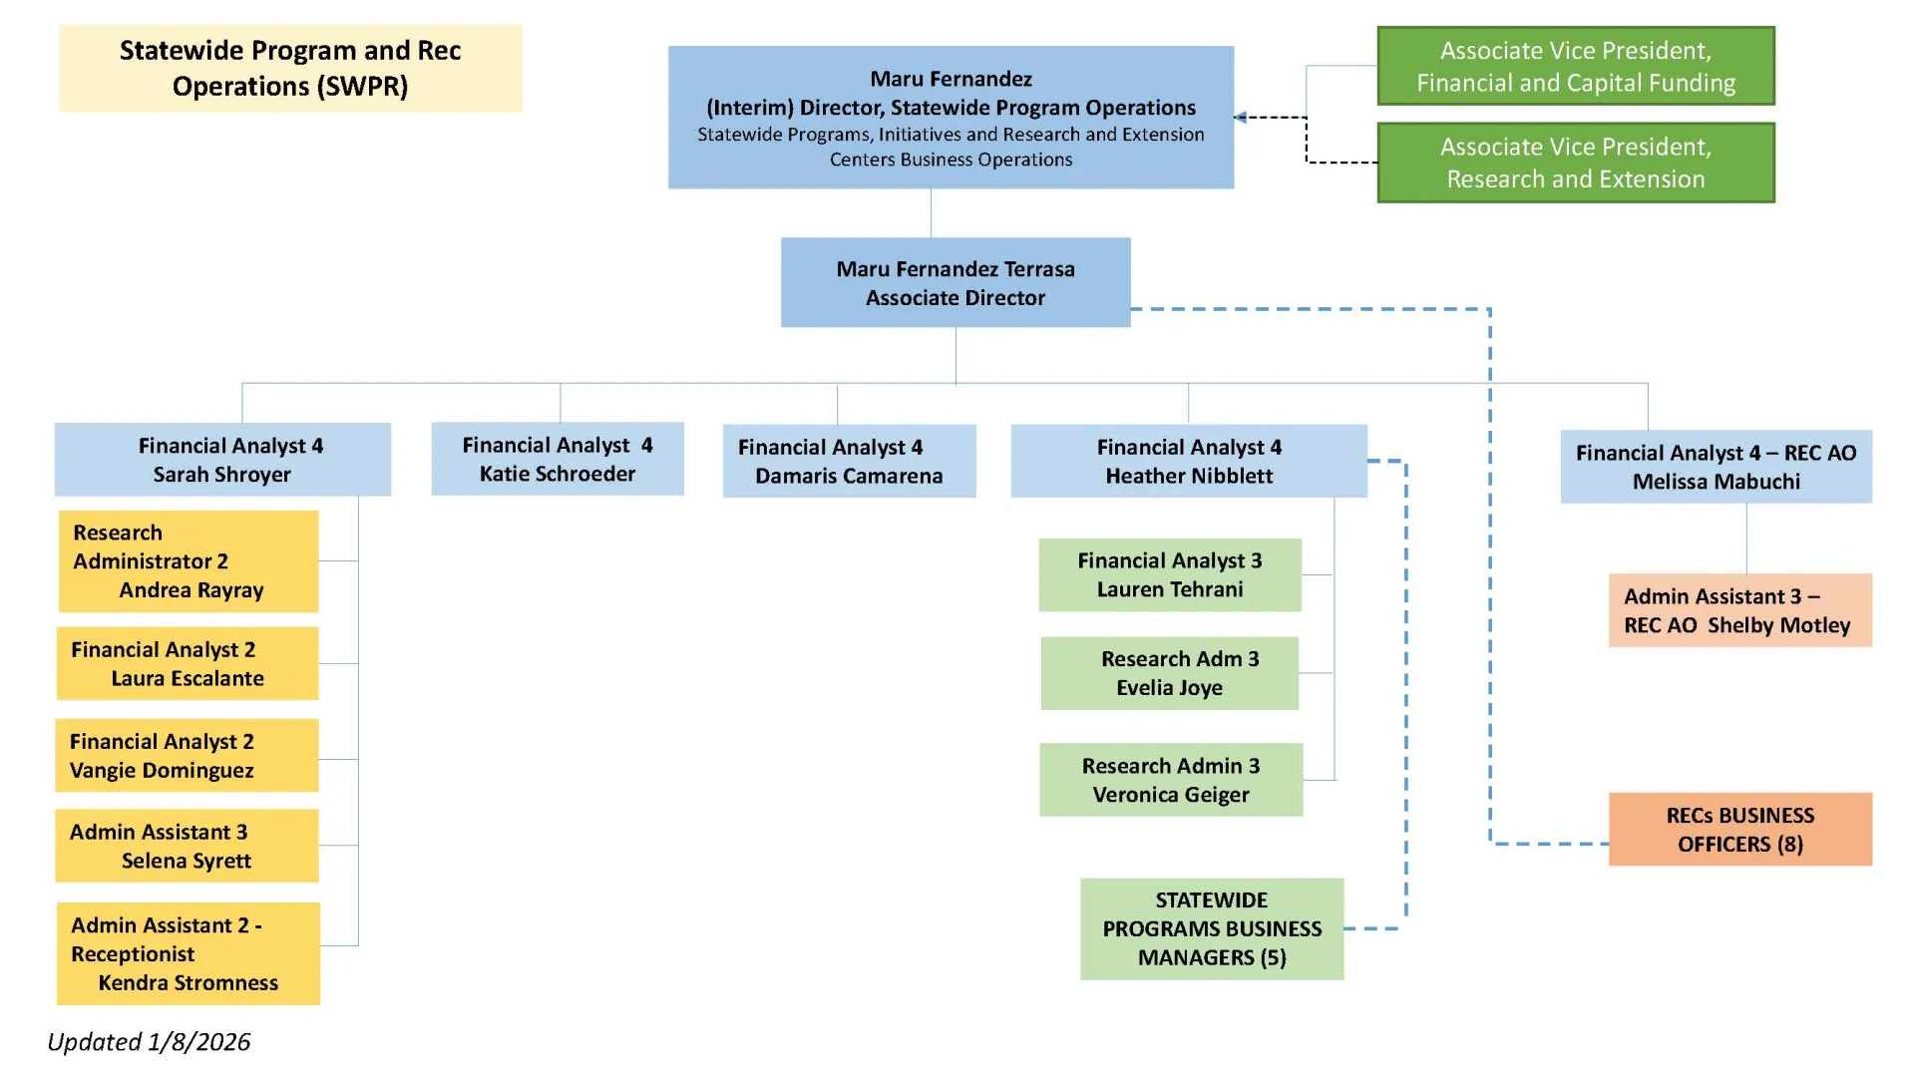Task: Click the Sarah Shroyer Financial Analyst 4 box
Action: (222, 460)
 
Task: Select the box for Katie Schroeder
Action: (557, 460)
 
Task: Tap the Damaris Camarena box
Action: (849, 462)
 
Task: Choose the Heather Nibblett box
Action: (1188, 462)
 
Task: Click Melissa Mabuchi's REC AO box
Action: (1716, 467)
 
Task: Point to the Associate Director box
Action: (955, 283)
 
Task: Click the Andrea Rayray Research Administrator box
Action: (189, 561)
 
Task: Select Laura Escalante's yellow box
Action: (188, 664)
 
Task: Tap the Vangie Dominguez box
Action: (187, 756)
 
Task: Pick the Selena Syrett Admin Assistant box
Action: (187, 847)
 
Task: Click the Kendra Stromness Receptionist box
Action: (189, 954)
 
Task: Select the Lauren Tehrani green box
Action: (1169, 575)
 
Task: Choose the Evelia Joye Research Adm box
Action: (1169, 674)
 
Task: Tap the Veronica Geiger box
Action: (1170, 780)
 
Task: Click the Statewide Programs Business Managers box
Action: (1211, 929)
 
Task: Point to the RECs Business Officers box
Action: (1739, 830)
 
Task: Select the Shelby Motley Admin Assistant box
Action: (1739, 610)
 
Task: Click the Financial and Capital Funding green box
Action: (1575, 67)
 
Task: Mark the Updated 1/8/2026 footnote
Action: (150, 1042)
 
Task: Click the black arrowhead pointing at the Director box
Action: (1240, 118)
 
